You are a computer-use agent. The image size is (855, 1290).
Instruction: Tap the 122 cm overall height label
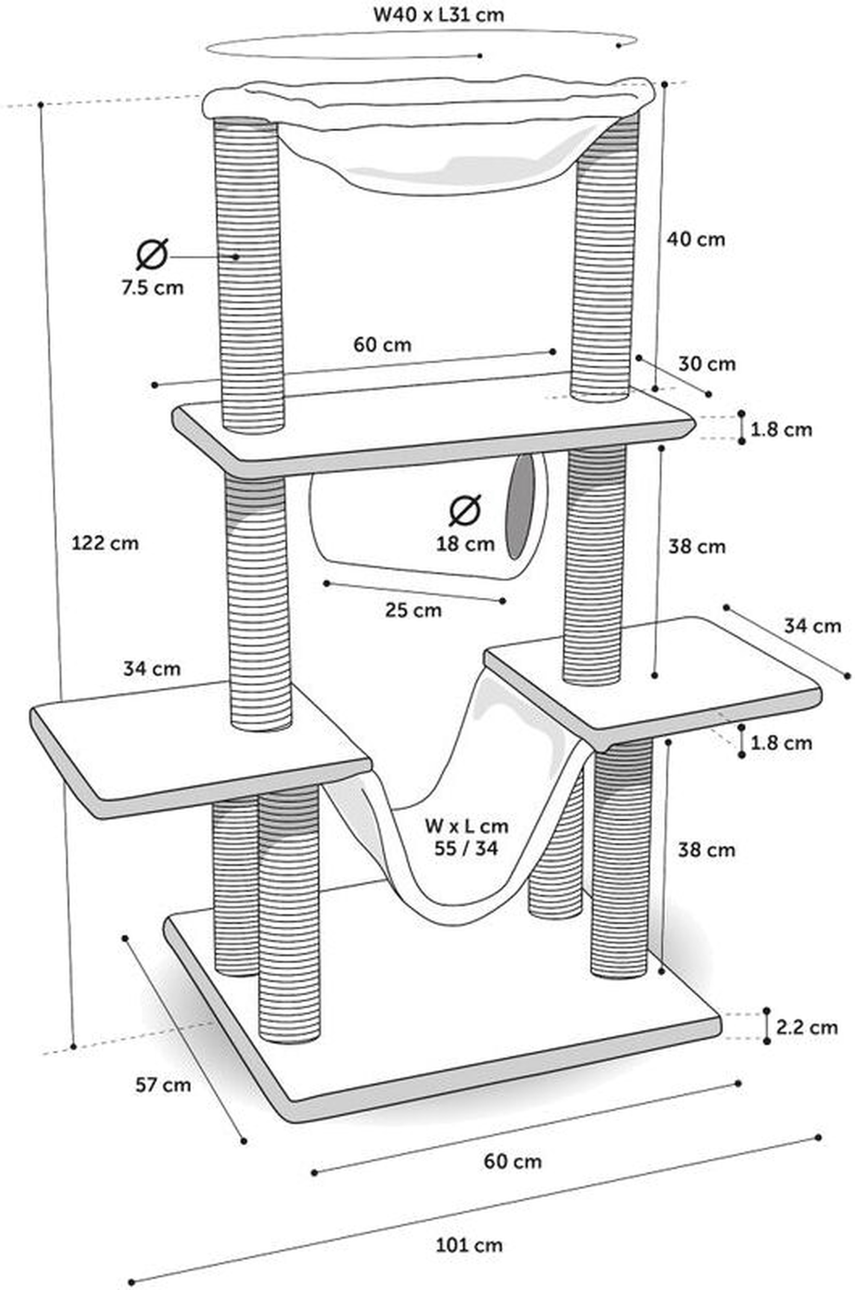pyautogui.click(x=105, y=544)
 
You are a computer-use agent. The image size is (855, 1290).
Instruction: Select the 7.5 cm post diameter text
pyautogui.click(x=153, y=287)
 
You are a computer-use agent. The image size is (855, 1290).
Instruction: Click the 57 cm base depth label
pyautogui.click(x=163, y=1085)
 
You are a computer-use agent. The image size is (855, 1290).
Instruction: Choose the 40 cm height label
pyautogui.click(x=696, y=239)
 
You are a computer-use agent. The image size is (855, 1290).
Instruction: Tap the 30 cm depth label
pyautogui.click(x=707, y=364)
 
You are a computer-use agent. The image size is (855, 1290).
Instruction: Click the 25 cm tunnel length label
pyautogui.click(x=413, y=610)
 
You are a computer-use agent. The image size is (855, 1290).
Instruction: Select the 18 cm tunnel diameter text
pyautogui.click(x=465, y=544)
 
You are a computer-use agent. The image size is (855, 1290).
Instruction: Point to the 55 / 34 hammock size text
pyautogui.click(x=466, y=849)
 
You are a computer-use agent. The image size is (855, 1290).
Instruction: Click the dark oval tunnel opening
pyautogui.click(x=521, y=506)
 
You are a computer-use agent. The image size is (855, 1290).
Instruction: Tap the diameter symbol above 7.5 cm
pyautogui.click(x=152, y=254)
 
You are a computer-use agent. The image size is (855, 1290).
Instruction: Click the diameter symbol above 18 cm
pyautogui.click(x=465, y=510)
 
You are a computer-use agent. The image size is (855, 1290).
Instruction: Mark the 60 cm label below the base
pyautogui.click(x=513, y=1161)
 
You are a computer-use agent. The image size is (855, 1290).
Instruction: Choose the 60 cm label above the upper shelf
pyautogui.click(x=382, y=344)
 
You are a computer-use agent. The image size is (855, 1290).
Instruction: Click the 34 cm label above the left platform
pyautogui.click(x=152, y=669)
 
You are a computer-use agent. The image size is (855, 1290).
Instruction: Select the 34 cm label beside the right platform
pyautogui.click(x=813, y=626)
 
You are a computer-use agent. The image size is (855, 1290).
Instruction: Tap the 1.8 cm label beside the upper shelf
pyautogui.click(x=781, y=429)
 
